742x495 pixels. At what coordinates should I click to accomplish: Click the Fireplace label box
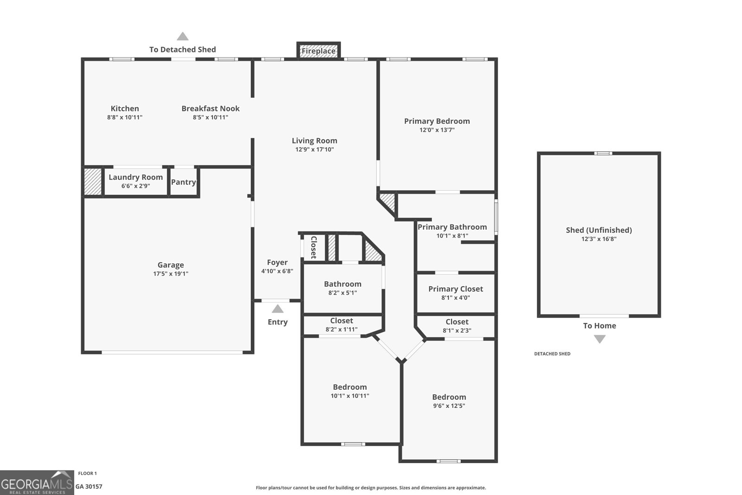tap(319, 51)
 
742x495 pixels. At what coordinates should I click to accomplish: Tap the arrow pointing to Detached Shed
tap(183, 37)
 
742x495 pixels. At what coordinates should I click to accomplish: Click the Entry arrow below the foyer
tap(277, 309)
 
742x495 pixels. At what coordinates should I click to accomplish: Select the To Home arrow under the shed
tap(600, 339)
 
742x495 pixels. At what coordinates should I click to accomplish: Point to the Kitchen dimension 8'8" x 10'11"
tap(125, 117)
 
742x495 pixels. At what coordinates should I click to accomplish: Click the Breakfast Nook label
tap(211, 109)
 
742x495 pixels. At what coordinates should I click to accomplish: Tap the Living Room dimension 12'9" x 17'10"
tap(314, 149)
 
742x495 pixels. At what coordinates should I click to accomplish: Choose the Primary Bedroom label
tap(437, 121)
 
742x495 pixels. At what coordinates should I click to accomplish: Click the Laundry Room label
tap(135, 177)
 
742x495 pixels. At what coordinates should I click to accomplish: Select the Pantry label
tap(184, 182)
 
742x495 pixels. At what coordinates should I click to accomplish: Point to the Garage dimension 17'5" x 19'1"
tap(171, 274)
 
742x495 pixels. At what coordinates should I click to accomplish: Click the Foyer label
tap(277, 263)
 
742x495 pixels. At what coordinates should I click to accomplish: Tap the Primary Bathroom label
tap(452, 227)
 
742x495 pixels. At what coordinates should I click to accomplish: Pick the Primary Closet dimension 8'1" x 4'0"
tap(455, 298)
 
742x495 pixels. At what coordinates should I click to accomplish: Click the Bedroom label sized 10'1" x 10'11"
tap(350, 387)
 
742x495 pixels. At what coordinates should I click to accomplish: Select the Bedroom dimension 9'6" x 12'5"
tap(449, 406)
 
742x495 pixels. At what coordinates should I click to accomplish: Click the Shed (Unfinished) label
tap(599, 230)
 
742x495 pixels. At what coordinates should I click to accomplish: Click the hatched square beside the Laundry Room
tap(93, 181)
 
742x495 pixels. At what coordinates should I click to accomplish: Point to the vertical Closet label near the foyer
tap(313, 247)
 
